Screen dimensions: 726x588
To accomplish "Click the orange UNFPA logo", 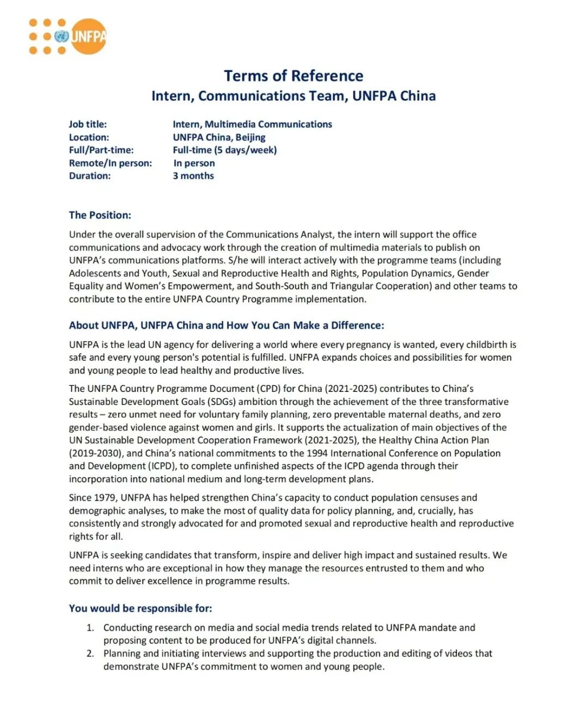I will tap(68, 36).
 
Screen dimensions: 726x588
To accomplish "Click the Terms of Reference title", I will tap(293, 76).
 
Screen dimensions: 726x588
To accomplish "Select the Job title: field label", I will tap(88, 124).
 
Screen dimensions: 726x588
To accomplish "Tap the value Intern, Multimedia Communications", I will tap(252, 124).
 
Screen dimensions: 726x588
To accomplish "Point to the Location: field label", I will tap(89, 137).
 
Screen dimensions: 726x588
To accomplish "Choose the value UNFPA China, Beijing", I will tap(219, 137).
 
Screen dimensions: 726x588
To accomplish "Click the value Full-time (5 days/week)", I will tap(224, 150).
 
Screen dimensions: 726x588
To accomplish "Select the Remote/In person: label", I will tap(111, 163).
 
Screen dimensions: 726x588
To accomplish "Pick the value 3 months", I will tap(193, 176).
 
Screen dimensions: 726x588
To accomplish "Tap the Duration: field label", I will tap(89, 176).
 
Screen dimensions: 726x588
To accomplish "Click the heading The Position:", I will tap(100, 215).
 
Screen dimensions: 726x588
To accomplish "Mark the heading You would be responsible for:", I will tap(140, 608).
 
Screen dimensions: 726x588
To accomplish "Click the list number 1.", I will tap(90, 627).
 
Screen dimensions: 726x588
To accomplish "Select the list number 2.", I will tap(90, 653).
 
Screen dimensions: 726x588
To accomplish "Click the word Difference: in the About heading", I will tap(357, 325).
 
